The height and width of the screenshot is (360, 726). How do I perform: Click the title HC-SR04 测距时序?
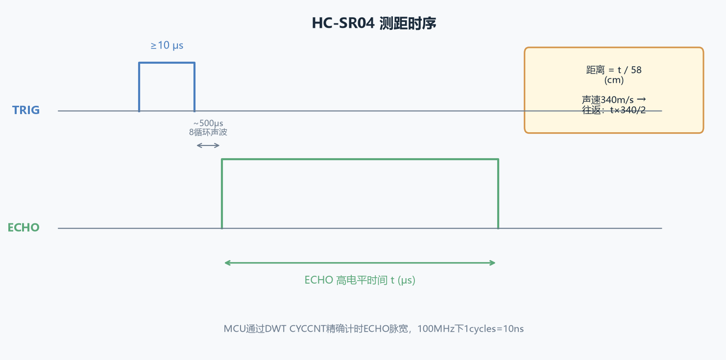coord(374,24)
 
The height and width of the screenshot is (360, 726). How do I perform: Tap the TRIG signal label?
coord(26,110)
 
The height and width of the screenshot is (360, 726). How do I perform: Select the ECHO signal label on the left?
coord(24,227)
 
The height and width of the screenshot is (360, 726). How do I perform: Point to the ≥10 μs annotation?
coord(167,46)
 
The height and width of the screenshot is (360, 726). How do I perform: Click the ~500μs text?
coord(208,123)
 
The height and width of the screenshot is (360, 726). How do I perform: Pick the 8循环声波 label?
coord(208,132)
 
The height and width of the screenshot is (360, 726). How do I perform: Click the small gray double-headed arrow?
coord(208,145)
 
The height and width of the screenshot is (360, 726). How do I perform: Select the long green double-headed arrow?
coord(360,263)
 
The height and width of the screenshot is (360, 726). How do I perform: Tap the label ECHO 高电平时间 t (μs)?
coord(360,280)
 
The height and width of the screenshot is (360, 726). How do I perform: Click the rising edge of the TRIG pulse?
coord(139,87)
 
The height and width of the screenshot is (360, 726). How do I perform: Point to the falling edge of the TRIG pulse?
coord(194,87)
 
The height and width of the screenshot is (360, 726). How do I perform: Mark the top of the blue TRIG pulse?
coord(167,63)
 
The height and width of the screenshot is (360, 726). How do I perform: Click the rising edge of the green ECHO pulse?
coord(222,194)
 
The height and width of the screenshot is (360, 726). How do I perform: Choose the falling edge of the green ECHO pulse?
coord(498,194)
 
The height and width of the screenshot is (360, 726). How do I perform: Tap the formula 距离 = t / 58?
coord(614,70)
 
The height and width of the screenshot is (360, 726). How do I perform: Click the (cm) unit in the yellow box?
coord(614,80)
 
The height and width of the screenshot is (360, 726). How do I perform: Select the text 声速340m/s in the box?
coord(608,100)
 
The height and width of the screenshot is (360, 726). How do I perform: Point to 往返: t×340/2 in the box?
coord(614,110)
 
